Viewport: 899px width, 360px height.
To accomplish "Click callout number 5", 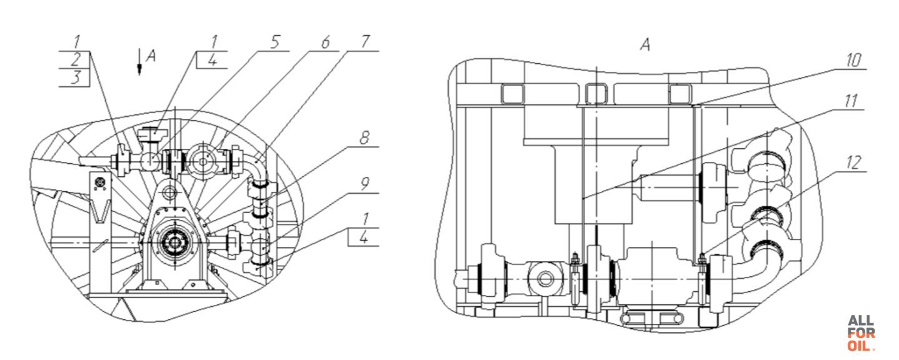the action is point(275,42).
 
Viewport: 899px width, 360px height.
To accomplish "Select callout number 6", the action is point(325,42).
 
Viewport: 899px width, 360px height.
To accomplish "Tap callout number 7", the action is point(365,42).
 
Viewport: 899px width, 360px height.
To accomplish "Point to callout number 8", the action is point(364,138).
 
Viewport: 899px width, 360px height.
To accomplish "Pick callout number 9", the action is point(364,184).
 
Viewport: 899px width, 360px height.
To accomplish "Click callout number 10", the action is point(853,60).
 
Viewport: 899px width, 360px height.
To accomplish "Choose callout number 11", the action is point(851,101).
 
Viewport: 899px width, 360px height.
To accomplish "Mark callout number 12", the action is point(853,163).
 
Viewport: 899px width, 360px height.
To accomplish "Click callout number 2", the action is point(76,60).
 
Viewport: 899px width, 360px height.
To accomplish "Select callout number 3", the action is point(76,77).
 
